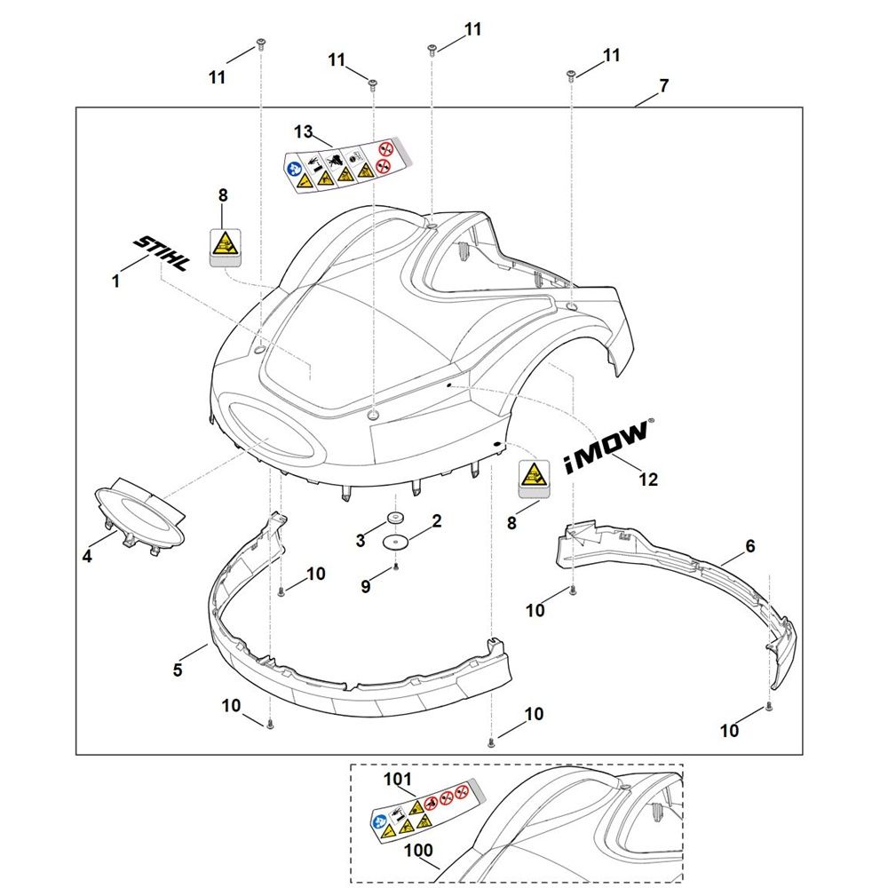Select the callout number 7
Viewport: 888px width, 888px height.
664,86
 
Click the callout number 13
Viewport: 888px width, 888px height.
304,132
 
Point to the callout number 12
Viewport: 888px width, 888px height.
649,480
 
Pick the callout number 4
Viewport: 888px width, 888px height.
87,557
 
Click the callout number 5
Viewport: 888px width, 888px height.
178,670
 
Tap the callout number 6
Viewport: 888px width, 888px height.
750,547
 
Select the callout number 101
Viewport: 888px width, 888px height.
399,781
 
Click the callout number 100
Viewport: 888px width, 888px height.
418,851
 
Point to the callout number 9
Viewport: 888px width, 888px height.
365,586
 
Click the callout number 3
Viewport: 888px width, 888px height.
360,540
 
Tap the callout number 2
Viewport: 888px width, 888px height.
436,522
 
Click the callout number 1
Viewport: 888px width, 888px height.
115,281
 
